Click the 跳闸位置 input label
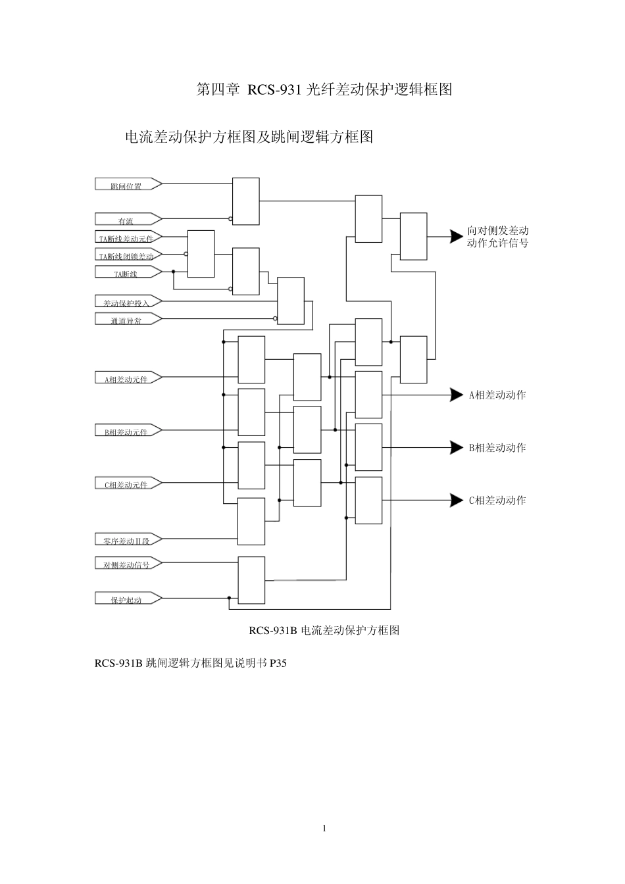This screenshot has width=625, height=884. point(126,185)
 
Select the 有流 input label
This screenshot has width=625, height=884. point(126,221)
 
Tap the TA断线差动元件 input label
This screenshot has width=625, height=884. point(126,239)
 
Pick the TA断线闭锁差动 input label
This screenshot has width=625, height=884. point(126,256)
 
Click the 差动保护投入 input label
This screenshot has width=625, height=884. point(126,303)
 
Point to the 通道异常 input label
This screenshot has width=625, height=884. point(126,320)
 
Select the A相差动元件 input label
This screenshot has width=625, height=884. point(126,379)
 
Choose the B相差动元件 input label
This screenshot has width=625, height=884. point(126,432)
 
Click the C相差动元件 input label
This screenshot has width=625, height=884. point(126,485)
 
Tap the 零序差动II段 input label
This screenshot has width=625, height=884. point(126,541)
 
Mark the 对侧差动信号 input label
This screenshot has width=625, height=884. point(126,564)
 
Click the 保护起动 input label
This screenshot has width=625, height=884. point(126,600)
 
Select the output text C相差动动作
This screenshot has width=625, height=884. point(497,501)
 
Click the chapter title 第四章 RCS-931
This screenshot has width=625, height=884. point(324,89)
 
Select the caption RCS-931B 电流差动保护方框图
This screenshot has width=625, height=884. point(324,630)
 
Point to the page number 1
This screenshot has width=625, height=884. point(324,828)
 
